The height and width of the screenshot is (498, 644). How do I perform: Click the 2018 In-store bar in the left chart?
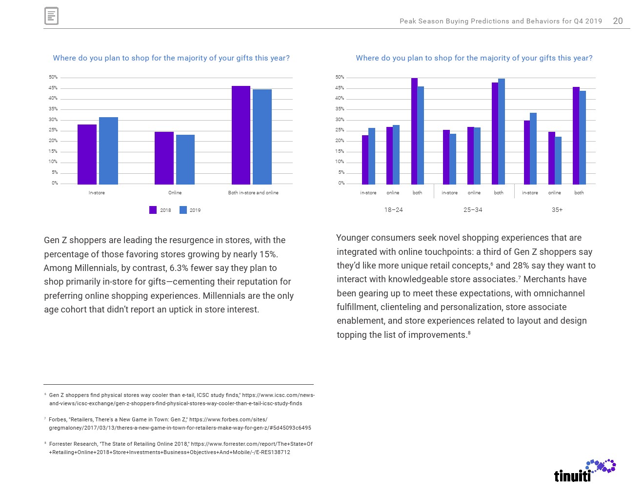coord(87,154)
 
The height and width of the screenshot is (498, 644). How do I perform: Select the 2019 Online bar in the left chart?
coord(185,159)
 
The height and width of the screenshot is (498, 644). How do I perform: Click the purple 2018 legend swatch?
coord(153,210)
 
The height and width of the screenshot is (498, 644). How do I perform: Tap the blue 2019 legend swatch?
coord(183,210)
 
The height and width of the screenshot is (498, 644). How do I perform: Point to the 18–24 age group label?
coord(393,210)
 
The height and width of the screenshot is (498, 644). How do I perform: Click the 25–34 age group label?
coord(473,210)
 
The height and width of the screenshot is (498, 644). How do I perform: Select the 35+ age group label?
coord(557,210)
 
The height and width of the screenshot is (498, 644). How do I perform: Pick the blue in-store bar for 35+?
coord(533,148)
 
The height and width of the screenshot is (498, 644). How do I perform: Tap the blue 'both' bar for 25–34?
coord(502,131)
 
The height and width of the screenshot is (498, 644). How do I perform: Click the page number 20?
coord(618,21)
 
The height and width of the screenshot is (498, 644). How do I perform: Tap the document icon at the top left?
coord(51,16)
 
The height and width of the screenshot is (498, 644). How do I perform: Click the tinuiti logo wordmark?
coord(572,476)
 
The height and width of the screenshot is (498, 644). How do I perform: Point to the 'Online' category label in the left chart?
coord(175,193)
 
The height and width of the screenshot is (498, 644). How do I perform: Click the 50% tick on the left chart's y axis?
coord(53,77)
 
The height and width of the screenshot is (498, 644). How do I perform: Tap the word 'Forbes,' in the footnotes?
coord(59,419)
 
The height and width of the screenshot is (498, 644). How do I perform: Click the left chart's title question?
coord(171,58)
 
